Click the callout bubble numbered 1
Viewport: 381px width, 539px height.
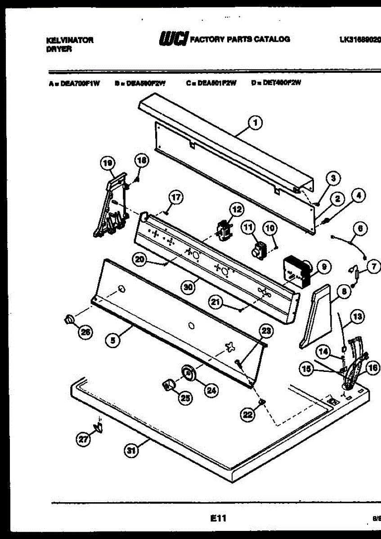[x=256, y=122]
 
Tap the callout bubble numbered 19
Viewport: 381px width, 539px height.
[x=108, y=164]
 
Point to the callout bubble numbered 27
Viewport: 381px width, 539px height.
[x=83, y=441]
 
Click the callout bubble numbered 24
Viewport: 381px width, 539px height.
[x=211, y=391]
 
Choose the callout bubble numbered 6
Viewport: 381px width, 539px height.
[x=360, y=229]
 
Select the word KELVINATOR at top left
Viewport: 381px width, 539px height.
[x=70, y=40]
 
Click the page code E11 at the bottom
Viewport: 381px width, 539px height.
[x=218, y=519]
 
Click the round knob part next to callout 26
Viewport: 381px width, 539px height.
[x=69, y=319]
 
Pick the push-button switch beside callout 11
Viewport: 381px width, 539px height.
[x=259, y=250]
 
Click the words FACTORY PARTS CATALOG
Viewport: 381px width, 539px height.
[x=240, y=40]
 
